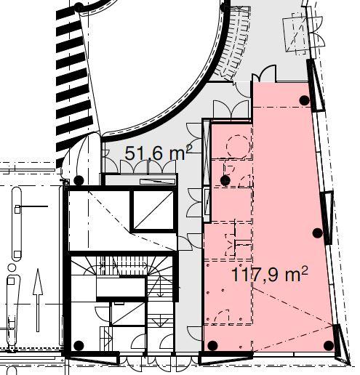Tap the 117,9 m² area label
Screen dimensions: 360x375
(x=270, y=274)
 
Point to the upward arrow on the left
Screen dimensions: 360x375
(x=38, y=300)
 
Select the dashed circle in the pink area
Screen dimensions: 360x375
(x=238, y=147)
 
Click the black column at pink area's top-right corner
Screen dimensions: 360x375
(x=305, y=100)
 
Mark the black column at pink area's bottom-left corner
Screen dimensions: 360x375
(x=212, y=345)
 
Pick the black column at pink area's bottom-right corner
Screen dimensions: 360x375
(x=329, y=346)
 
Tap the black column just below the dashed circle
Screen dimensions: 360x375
(x=225, y=180)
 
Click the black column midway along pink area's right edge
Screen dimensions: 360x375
(x=318, y=233)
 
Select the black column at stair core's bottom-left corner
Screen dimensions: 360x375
(x=79, y=345)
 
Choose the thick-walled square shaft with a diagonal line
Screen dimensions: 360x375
(x=153, y=210)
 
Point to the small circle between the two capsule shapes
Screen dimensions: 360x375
(x=12, y=267)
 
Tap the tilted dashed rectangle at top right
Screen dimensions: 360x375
(x=295, y=34)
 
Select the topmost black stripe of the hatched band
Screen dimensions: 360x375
(x=68, y=13)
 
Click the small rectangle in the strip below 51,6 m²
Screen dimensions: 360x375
(x=158, y=182)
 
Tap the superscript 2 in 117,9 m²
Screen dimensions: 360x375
(x=305, y=270)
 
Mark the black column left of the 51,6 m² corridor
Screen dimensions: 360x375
(x=79, y=180)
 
